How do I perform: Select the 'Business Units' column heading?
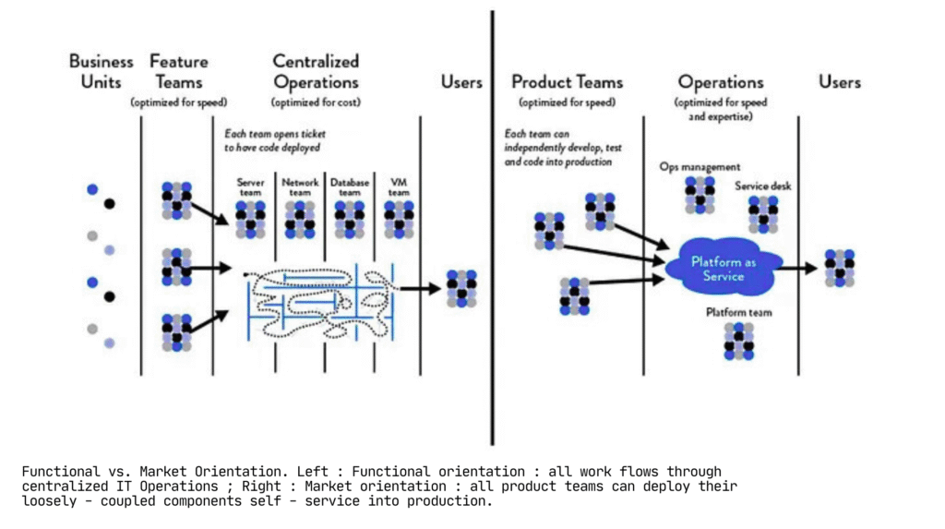tap(101, 71)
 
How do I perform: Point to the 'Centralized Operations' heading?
tap(316, 71)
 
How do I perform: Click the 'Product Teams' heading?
tap(567, 81)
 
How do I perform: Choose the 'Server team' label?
tap(250, 187)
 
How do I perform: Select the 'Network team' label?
tap(300, 187)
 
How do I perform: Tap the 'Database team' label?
tap(350, 187)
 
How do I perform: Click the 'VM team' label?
tap(399, 187)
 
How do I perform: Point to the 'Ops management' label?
tap(700, 167)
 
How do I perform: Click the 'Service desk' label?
tap(762, 186)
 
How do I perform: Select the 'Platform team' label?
tap(738, 312)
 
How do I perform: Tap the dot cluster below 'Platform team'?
tap(738, 341)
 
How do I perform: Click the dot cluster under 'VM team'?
tap(399, 220)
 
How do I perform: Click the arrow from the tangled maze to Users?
tap(421, 288)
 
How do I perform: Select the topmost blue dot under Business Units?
tap(91, 189)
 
